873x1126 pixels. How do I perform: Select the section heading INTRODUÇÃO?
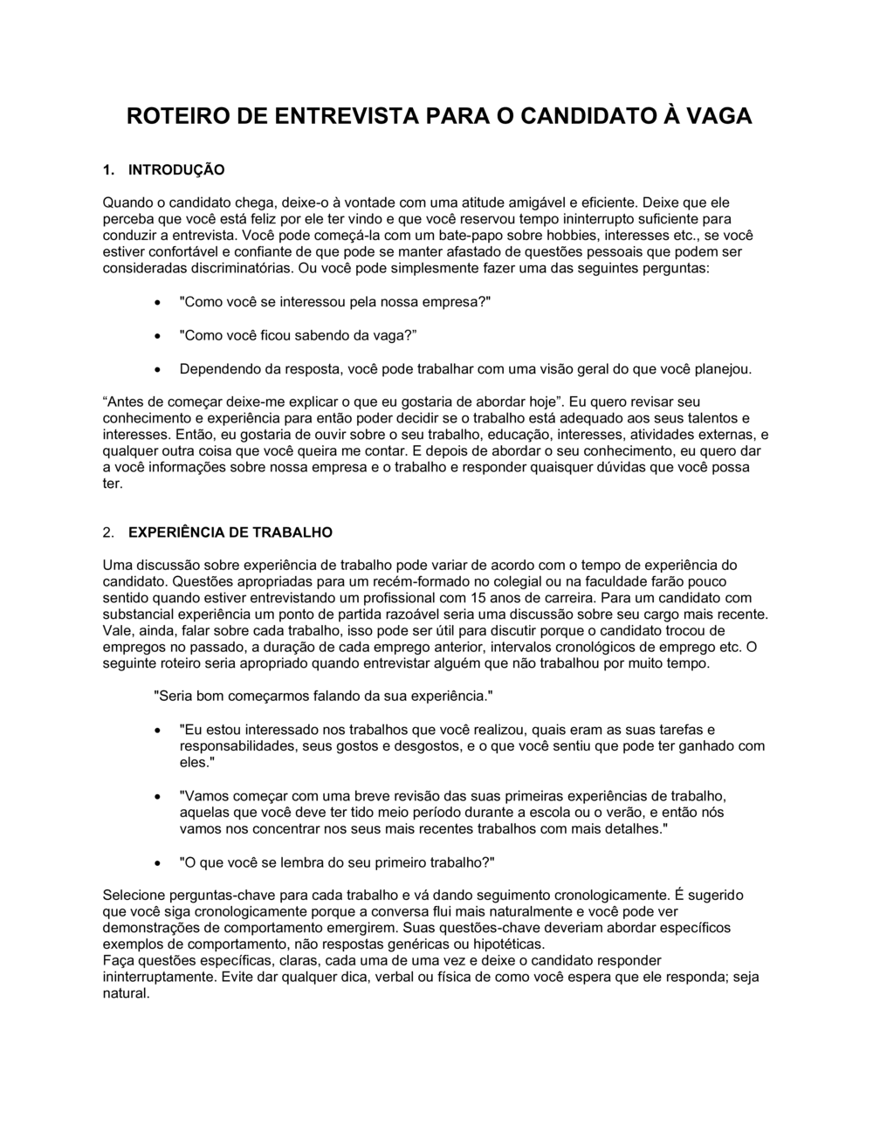176,169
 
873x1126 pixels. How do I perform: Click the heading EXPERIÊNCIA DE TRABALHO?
230,532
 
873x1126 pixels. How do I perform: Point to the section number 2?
108,532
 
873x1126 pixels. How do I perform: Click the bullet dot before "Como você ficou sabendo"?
156,336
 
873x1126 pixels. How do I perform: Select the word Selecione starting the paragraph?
134,895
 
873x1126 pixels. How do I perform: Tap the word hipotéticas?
505,944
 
